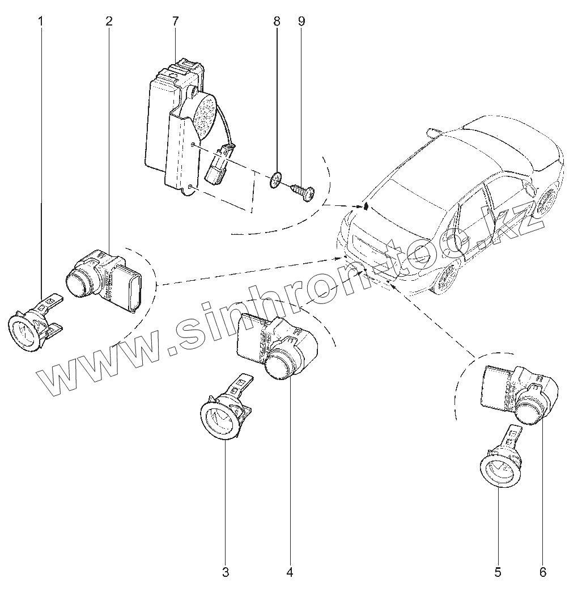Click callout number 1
tap(40, 22)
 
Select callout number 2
tap(109, 22)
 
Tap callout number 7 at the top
tap(175, 22)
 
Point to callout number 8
tap(277, 22)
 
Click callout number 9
tap(301, 22)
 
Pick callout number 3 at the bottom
tap(226, 572)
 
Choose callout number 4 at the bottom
tap(290, 572)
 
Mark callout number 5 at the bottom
tap(498, 572)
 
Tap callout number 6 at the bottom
tap(542, 572)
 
